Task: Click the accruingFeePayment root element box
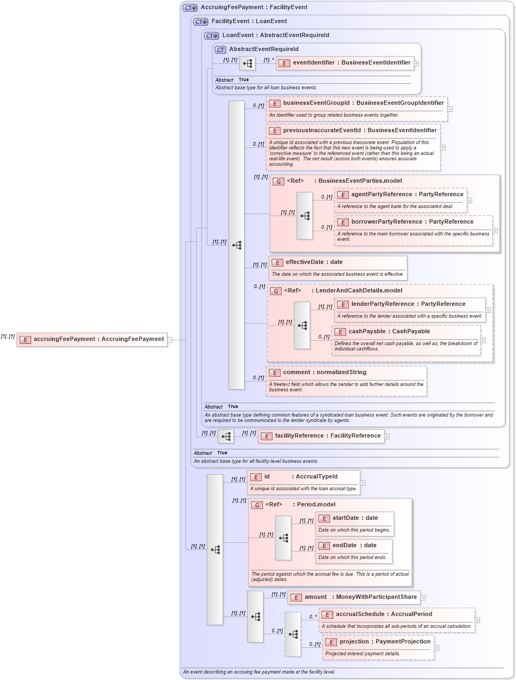tap(92, 339)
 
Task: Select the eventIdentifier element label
tap(351, 63)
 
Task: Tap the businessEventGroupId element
tap(363, 103)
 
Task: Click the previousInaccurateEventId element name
tap(360, 131)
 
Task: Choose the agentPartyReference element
tap(406, 195)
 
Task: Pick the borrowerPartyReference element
tap(412, 222)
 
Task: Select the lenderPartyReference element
tap(408, 304)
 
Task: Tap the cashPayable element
tap(389, 332)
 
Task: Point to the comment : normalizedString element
tap(324, 373)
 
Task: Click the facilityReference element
tap(327, 436)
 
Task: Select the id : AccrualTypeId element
tap(300, 477)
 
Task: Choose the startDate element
tap(355, 518)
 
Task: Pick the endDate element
tap(354, 546)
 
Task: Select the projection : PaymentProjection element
tap(384, 642)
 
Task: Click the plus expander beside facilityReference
tap(387, 436)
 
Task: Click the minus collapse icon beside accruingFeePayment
tap(170, 340)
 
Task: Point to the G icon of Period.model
tap(257, 505)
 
